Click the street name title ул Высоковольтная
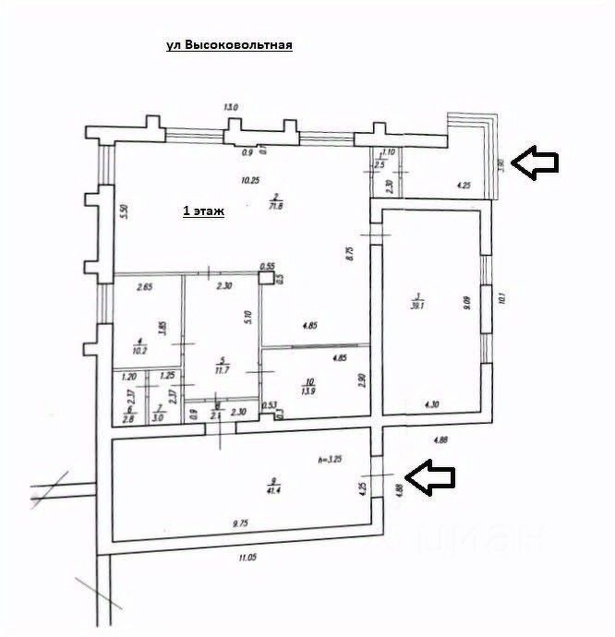click(x=229, y=45)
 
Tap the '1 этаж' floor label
click(x=204, y=211)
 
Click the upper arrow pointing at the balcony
click(x=536, y=162)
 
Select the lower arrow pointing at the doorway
click(x=431, y=478)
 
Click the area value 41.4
click(x=271, y=490)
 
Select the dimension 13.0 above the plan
click(x=231, y=108)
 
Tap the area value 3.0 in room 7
click(x=158, y=418)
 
